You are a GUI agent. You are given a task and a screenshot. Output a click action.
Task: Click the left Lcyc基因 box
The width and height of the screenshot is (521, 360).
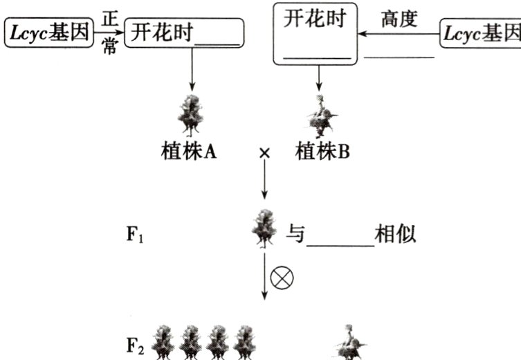click(48, 33)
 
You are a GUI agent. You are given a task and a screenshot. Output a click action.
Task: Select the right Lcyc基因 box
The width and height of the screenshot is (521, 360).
click(482, 33)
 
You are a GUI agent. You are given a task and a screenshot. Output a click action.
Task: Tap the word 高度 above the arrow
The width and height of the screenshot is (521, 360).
click(400, 19)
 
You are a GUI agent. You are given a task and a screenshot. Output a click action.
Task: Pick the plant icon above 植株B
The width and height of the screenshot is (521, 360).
click(319, 114)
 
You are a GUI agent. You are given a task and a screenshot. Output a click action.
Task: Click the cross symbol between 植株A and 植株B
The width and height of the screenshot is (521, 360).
click(263, 153)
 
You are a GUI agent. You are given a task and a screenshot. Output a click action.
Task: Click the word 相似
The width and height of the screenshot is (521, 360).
click(395, 234)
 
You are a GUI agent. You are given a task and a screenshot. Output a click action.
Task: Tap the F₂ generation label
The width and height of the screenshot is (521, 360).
click(135, 345)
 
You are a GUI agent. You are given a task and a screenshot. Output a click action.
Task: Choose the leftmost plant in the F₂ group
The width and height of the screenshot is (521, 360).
click(163, 343)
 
